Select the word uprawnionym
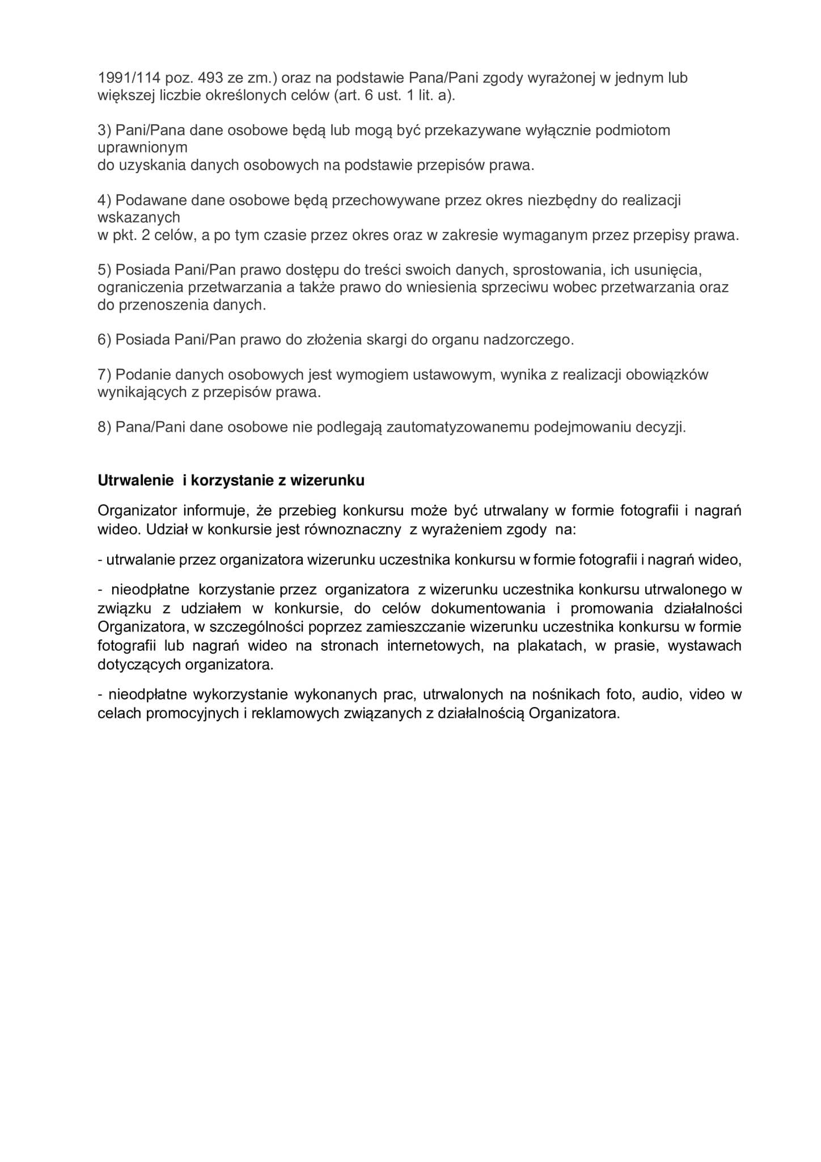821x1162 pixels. point(142,148)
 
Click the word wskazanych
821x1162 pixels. point(139,218)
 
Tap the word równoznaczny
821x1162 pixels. point(344,530)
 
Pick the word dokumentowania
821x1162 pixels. point(488,609)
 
